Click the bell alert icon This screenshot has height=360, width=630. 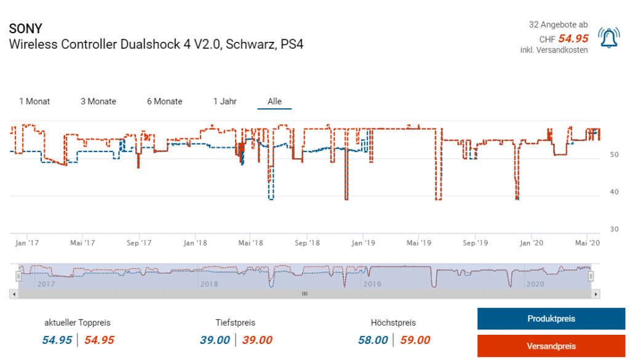[609, 39]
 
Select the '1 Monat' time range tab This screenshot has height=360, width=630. [34, 102]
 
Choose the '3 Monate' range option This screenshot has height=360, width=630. [98, 102]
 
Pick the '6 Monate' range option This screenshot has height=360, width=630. [165, 102]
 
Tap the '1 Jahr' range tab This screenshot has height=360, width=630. [225, 102]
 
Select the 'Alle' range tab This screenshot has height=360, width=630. [274, 102]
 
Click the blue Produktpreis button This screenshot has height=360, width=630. [551, 319]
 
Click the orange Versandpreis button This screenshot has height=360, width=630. [551, 345]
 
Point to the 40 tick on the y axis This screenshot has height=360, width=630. [614, 192]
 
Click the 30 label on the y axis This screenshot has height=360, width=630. [614, 229]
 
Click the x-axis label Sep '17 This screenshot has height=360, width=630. [139, 243]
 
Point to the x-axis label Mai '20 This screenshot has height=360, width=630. [588, 243]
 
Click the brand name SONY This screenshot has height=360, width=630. [26, 29]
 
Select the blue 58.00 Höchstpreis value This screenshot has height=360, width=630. [373, 340]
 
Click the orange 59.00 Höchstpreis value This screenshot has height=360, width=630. [415, 340]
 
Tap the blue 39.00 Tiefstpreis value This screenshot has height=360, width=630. [215, 340]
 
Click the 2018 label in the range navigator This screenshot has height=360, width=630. [209, 284]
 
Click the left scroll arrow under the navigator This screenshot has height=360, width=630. [14, 295]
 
